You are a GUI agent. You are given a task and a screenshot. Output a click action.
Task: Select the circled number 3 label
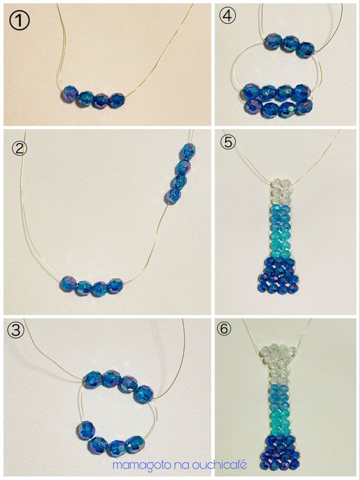[15, 331]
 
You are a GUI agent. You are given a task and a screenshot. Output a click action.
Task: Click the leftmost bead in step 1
[70, 93]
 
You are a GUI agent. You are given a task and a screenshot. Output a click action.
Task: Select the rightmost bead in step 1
[117, 100]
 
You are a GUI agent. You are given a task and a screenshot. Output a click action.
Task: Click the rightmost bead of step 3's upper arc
[143, 394]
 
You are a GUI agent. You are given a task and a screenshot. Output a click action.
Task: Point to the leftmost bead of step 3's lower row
[86, 430]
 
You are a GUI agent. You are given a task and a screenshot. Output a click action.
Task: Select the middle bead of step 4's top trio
[289, 44]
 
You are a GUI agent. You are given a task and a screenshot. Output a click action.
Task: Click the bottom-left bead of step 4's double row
[254, 107]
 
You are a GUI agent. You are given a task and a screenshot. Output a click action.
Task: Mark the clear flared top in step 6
[279, 355]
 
